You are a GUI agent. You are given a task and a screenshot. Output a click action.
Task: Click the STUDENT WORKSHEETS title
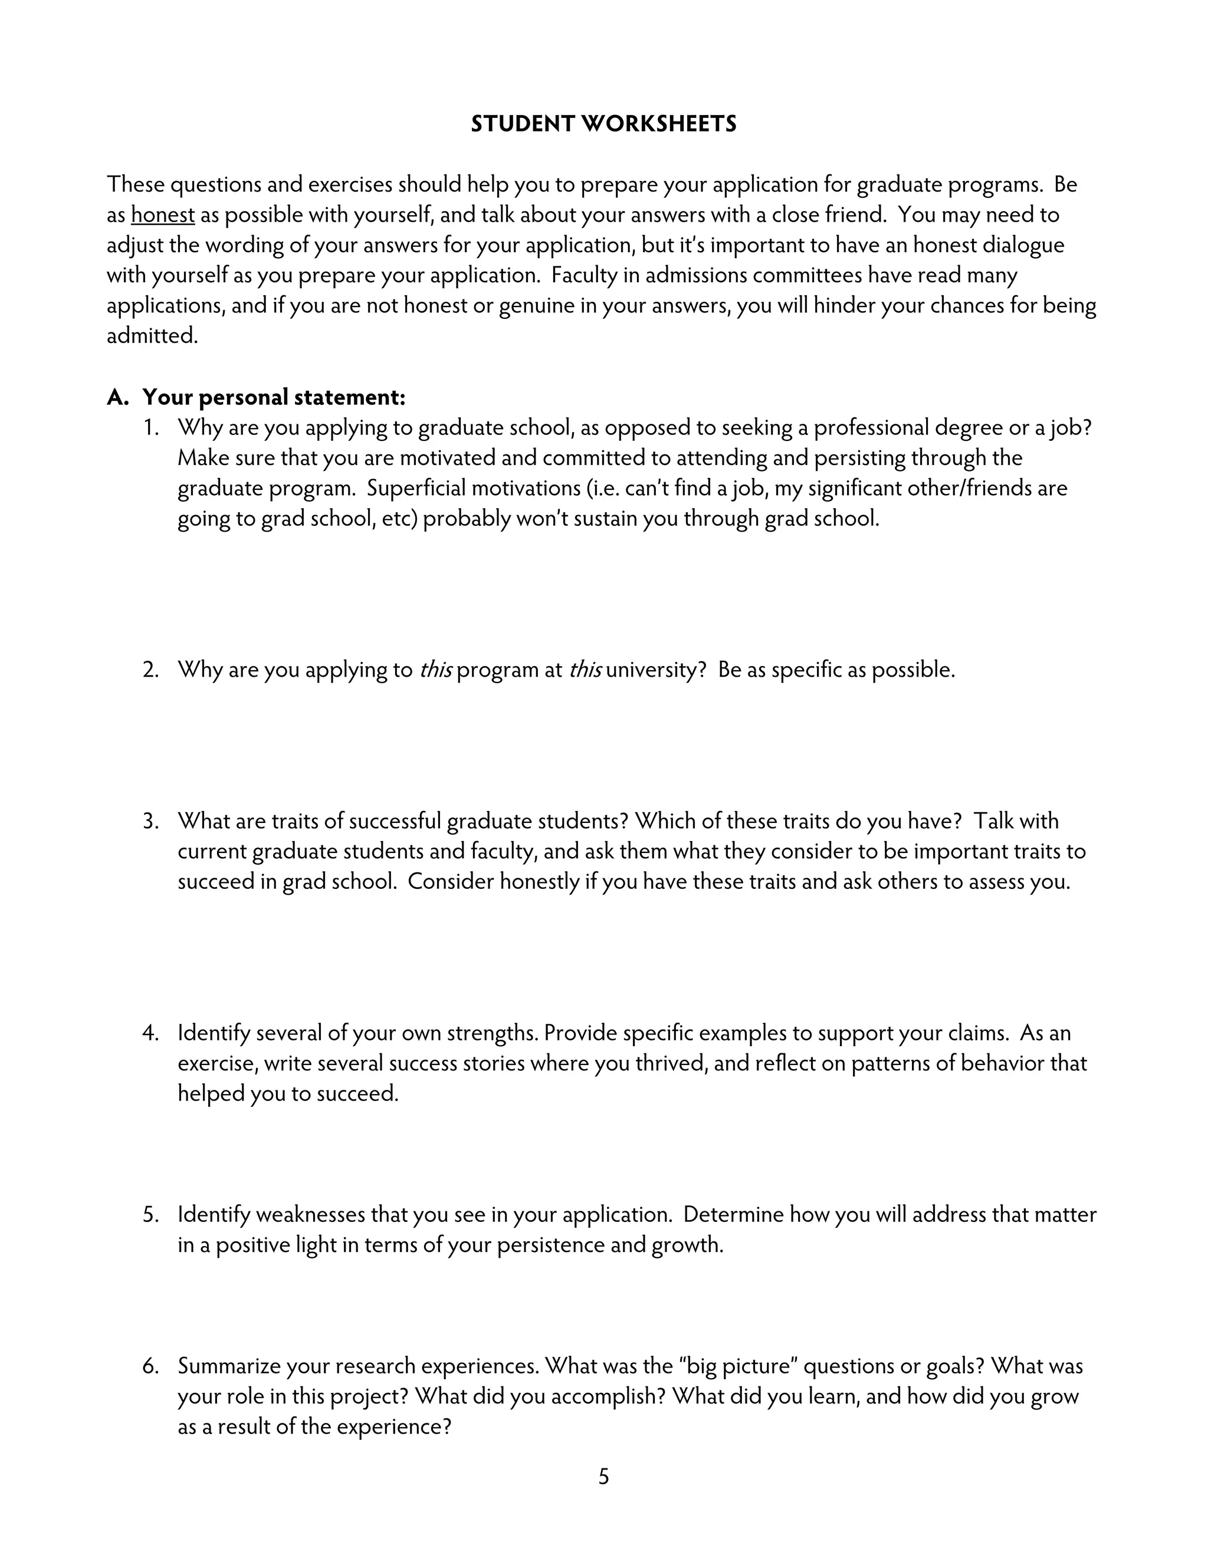[x=603, y=124]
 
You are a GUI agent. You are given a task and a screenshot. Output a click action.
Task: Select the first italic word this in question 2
[x=435, y=670]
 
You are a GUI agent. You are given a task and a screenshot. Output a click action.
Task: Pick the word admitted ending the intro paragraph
[x=152, y=335]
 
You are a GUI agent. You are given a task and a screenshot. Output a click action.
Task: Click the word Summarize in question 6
[x=229, y=1366]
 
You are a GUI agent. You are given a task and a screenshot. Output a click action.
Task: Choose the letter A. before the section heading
[x=117, y=397]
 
